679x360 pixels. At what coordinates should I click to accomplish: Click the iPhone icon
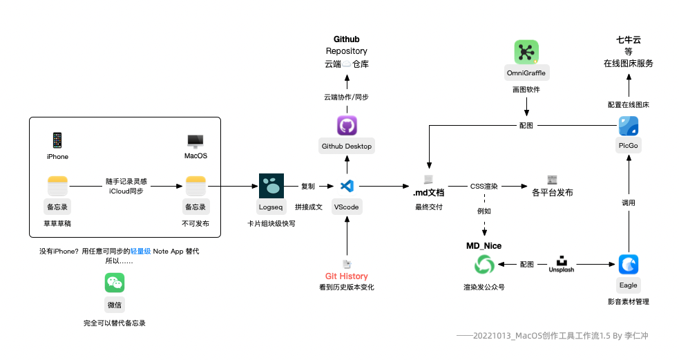pyautogui.click(x=57, y=140)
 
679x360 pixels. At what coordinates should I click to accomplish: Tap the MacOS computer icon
pyautogui.click(x=195, y=141)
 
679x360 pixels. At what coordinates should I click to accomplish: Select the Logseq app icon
pyautogui.click(x=271, y=186)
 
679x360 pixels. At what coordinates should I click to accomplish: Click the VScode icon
pyautogui.click(x=347, y=186)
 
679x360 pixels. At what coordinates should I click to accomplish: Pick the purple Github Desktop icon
pyautogui.click(x=347, y=126)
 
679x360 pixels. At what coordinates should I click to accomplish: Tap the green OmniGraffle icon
pyautogui.click(x=526, y=52)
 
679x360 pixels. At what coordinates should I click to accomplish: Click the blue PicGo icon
pyautogui.click(x=629, y=126)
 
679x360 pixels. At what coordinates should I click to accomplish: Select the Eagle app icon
pyautogui.click(x=629, y=264)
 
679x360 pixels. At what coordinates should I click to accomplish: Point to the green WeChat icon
pyautogui.click(x=115, y=283)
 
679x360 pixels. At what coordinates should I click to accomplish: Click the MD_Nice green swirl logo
pyautogui.click(x=484, y=265)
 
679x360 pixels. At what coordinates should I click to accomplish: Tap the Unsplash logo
pyautogui.click(x=561, y=264)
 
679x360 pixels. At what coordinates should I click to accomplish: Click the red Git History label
pyautogui.click(x=347, y=276)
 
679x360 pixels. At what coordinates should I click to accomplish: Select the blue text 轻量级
pyautogui.click(x=140, y=252)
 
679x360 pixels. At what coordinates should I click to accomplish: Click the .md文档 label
pyautogui.click(x=429, y=193)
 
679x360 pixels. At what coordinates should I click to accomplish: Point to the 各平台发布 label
pyautogui.click(x=552, y=193)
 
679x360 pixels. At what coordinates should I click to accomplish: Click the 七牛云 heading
pyautogui.click(x=629, y=40)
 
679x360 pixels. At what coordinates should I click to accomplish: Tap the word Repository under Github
pyautogui.click(x=347, y=51)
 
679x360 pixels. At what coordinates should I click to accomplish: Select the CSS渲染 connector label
pyautogui.click(x=484, y=187)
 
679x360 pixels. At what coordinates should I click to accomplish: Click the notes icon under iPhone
pyautogui.click(x=57, y=186)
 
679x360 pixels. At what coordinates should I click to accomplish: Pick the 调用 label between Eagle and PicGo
pyautogui.click(x=629, y=202)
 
